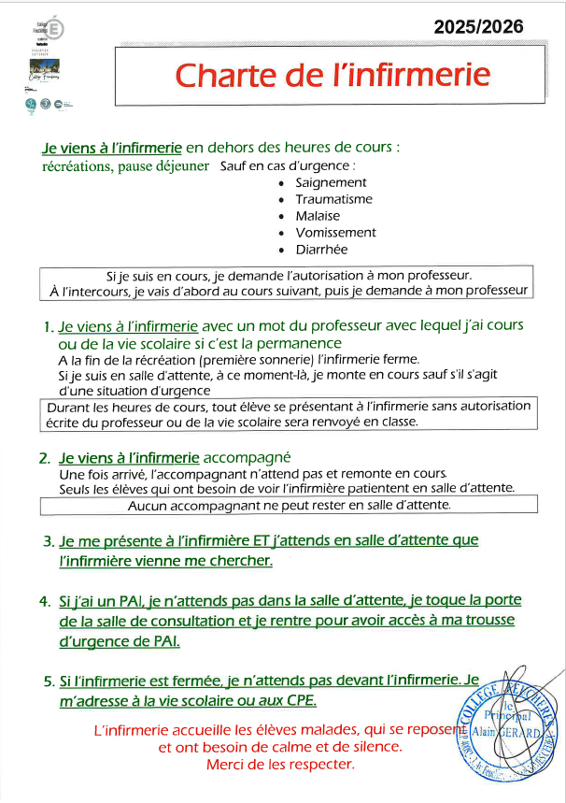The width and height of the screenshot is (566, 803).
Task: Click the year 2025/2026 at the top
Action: tap(491, 27)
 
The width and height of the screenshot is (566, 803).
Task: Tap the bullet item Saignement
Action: tap(331, 182)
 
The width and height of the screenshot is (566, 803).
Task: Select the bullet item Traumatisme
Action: tap(333, 199)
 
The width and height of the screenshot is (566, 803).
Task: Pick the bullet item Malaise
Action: tap(318, 216)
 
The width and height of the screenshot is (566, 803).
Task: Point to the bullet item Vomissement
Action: tap(335, 233)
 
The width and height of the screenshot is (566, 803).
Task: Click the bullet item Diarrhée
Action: tap(321, 250)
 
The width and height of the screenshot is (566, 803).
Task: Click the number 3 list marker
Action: tap(48, 541)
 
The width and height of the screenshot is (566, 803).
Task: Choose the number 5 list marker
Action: tap(48, 682)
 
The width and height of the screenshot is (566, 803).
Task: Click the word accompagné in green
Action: tap(247, 458)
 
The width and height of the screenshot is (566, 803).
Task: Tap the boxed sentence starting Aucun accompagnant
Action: tap(289, 505)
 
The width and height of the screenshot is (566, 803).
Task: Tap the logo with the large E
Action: tap(55, 30)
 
